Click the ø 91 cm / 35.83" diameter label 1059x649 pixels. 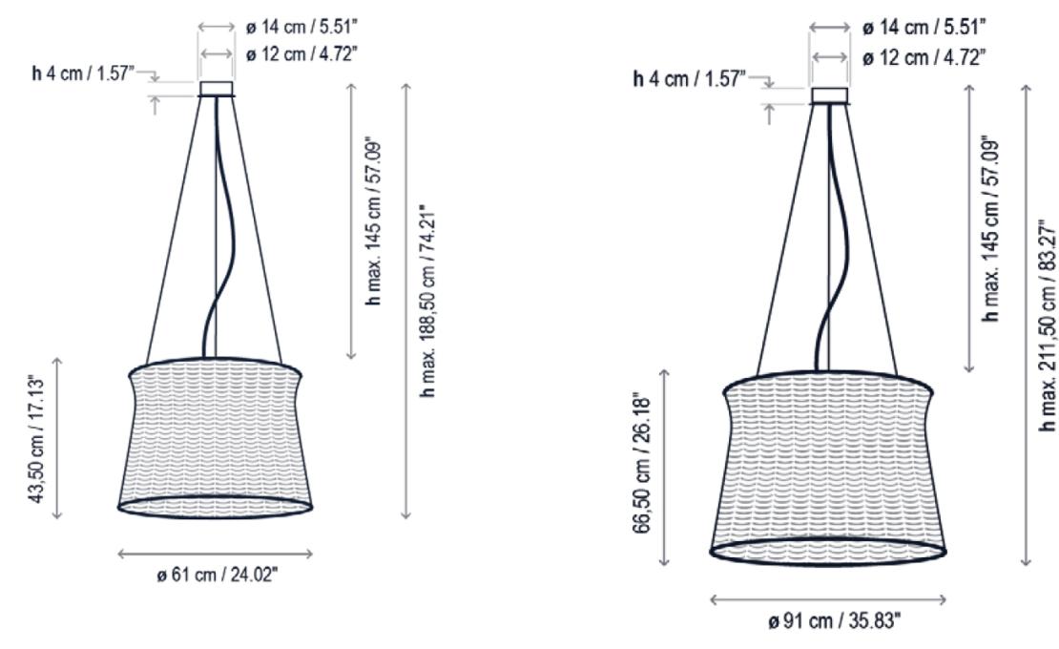point(829,620)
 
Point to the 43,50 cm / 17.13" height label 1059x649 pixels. point(38,437)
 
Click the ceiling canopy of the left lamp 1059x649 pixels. point(216,90)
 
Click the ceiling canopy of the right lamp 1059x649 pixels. point(829,95)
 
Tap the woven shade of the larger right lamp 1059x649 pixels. point(828,468)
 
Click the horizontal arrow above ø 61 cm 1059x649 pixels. point(216,553)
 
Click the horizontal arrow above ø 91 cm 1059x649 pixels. point(828,599)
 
